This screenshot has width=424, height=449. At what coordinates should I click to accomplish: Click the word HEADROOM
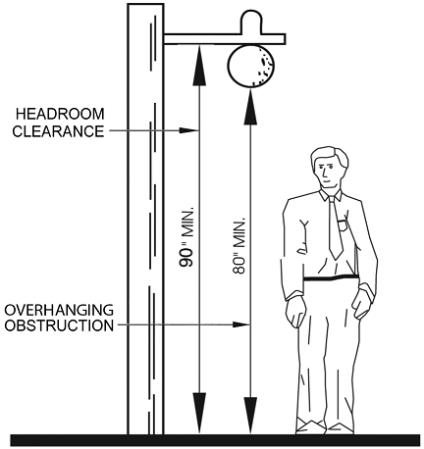click(x=60, y=115)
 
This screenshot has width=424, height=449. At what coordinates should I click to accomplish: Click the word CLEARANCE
click(x=58, y=131)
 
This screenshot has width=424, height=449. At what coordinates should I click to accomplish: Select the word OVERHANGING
click(x=59, y=310)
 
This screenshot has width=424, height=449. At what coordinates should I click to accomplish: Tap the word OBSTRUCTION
click(x=59, y=325)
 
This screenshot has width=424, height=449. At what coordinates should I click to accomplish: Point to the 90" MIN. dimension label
click(x=186, y=236)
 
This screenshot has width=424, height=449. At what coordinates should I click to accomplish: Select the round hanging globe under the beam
click(x=250, y=66)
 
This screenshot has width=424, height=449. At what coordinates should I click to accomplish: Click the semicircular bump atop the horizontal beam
click(x=251, y=22)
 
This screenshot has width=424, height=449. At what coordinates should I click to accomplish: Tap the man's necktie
click(x=335, y=227)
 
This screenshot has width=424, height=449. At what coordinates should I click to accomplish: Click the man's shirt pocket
click(x=343, y=225)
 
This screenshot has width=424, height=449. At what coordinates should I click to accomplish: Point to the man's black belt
click(x=331, y=278)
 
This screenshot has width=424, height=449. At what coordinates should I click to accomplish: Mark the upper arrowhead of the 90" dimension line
click(x=199, y=65)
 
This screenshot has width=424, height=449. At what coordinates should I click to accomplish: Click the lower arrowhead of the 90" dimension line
click(x=199, y=413)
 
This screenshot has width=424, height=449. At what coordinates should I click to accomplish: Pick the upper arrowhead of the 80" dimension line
click(x=250, y=106)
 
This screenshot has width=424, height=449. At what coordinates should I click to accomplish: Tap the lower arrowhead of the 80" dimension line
click(x=250, y=415)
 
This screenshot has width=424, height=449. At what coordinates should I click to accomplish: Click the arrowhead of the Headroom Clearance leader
click(x=188, y=130)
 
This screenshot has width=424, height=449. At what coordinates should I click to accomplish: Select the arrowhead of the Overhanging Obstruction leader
click(x=240, y=324)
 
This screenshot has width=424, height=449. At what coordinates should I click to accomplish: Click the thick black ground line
click(x=215, y=440)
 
